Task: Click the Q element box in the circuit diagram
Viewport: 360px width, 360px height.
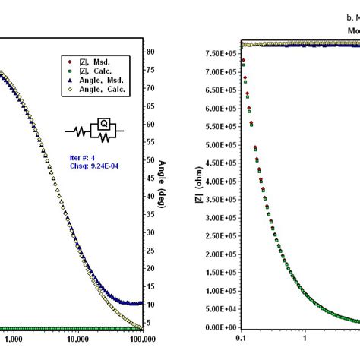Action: coord(99,122)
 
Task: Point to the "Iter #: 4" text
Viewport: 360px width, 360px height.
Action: coord(84,157)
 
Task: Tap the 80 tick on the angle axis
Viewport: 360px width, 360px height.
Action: coord(150,52)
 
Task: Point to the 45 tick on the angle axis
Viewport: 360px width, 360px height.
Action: coord(150,178)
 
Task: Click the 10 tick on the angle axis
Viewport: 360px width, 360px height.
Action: coord(150,305)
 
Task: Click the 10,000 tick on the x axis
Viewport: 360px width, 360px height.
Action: coord(74,339)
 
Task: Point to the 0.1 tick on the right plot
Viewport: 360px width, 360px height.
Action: coord(242,339)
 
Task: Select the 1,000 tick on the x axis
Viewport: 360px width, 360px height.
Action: coord(14,339)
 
